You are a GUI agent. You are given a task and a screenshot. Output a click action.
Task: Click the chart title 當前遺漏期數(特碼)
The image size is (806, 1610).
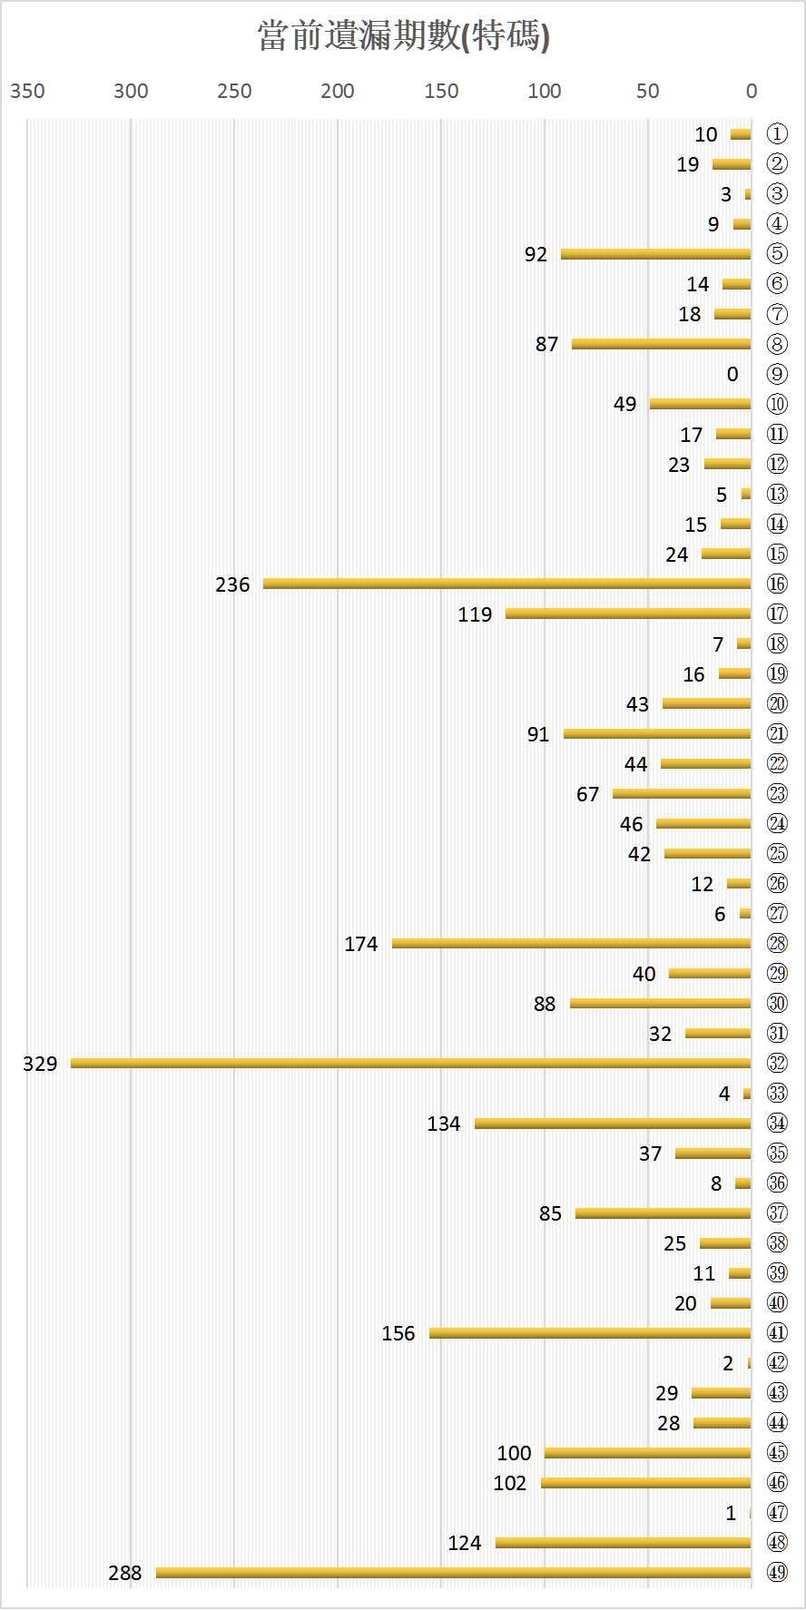click(403, 37)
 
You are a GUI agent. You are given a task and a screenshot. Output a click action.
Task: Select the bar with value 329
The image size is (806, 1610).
click(411, 1063)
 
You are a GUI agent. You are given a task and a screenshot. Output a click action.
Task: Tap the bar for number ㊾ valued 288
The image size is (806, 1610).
click(454, 1572)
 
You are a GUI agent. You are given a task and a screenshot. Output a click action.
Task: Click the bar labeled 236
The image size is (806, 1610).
click(507, 584)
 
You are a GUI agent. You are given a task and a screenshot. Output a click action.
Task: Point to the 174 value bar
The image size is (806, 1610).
click(572, 943)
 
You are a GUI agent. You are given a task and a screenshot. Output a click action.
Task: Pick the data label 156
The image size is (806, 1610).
click(398, 1333)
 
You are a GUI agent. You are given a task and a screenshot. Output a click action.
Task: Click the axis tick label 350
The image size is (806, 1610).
click(27, 91)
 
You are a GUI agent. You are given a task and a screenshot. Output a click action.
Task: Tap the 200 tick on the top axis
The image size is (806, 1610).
click(338, 91)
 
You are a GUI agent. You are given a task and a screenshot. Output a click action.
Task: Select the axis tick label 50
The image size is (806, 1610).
click(648, 91)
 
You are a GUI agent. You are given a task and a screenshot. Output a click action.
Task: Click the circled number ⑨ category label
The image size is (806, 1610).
click(777, 374)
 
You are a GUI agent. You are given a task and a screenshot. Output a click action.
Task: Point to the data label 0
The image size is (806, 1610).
click(732, 374)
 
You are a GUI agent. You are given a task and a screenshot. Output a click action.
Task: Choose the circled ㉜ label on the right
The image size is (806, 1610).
click(777, 1063)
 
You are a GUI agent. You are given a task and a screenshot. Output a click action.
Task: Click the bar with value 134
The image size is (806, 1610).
click(613, 1123)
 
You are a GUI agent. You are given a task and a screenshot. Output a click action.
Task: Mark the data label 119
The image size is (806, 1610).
click(475, 614)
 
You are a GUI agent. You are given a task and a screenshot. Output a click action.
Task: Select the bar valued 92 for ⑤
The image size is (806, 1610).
click(656, 254)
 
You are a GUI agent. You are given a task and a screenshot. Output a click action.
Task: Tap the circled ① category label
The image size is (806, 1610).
click(777, 134)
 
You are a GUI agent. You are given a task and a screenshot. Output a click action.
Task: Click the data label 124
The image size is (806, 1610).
click(465, 1543)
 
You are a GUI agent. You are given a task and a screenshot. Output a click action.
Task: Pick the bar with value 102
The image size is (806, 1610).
click(646, 1482)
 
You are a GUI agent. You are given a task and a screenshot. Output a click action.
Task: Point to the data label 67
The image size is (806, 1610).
click(588, 794)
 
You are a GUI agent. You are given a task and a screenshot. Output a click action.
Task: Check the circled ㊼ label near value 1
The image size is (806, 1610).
click(777, 1512)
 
